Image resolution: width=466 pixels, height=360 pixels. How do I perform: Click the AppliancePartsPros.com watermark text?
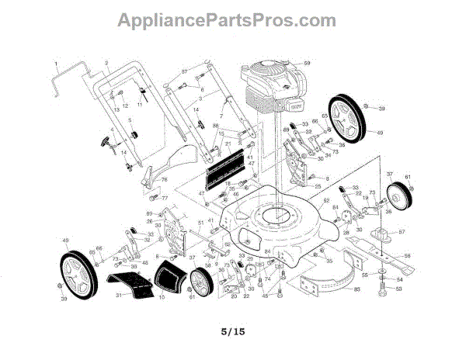(226, 20)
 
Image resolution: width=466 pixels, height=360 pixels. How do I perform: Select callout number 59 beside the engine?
(307, 63)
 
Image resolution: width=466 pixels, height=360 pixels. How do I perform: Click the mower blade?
(380, 256)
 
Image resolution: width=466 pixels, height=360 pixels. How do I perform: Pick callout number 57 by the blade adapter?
(402, 232)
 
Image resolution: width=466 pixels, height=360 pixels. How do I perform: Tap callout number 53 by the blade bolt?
(400, 289)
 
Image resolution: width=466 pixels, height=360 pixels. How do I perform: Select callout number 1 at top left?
(57, 61)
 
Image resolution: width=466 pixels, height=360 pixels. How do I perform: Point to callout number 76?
(165, 179)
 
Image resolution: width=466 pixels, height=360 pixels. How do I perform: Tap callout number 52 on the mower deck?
(327, 201)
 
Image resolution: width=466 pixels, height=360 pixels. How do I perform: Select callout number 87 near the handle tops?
(185, 72)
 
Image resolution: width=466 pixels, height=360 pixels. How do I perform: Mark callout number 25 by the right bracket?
(318, 187)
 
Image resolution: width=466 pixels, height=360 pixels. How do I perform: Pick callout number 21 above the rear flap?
(228, 144)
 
